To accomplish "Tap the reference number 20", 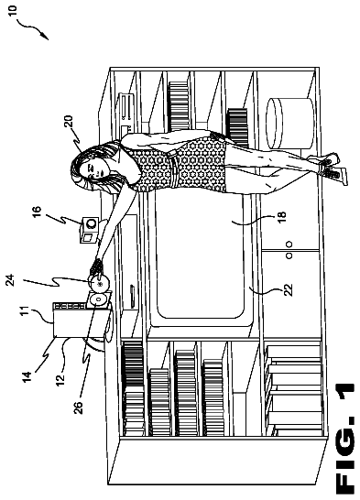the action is click(68, 122).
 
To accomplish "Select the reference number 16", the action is click(37, 212).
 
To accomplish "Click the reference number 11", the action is click(26, 310).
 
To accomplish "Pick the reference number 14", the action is click(27, 377).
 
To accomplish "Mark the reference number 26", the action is click(78, 408).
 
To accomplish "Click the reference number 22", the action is click(289, 290).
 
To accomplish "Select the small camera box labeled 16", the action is click(89, 230).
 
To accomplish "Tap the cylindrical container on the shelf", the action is click(289, 123).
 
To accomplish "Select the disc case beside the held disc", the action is click(98, 299).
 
